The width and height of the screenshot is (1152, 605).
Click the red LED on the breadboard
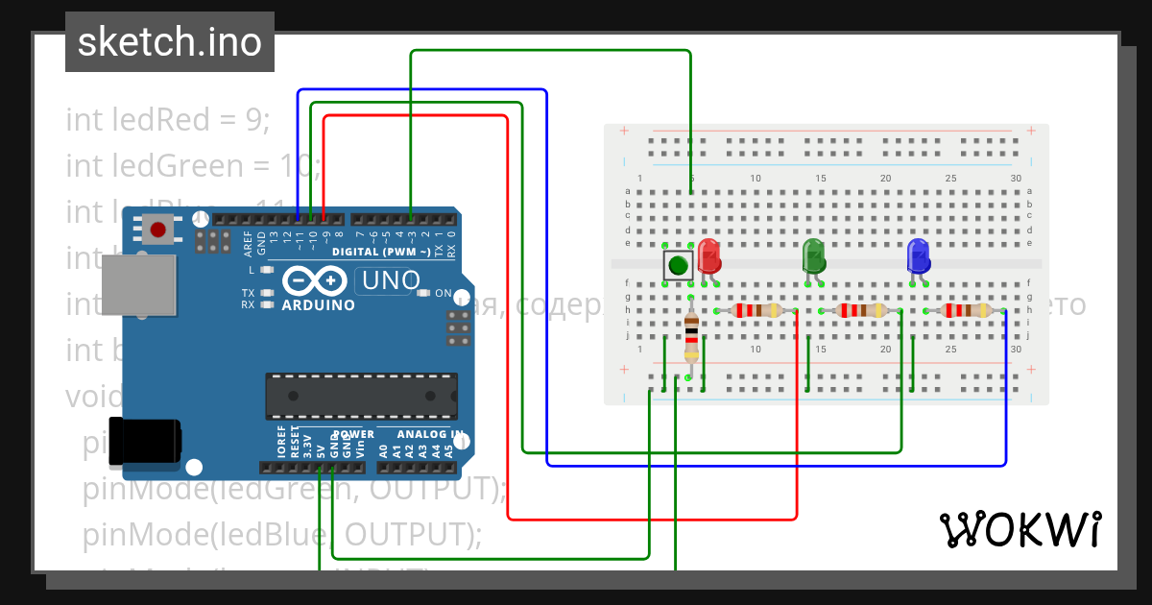(x=709, y=256)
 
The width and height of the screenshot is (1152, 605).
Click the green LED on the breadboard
(x=814, y=256)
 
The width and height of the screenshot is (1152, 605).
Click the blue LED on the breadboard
(x=918, y=256)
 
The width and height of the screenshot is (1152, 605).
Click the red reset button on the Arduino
(x=158, y=229)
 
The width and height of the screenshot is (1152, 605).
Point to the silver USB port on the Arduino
(x=140, y=285)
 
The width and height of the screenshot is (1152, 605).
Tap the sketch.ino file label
(x=170, y=42)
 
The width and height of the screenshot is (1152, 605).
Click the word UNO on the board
(x=388, y=281)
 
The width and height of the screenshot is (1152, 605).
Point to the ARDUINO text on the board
(x=318, y=305)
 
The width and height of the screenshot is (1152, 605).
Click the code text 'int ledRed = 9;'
(x=168, y=120)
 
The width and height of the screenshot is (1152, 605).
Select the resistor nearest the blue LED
(x=965, y=310)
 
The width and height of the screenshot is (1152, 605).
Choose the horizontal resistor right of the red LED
(x=756, y=310)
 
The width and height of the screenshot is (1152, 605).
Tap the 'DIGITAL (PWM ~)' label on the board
(x=381, y=252)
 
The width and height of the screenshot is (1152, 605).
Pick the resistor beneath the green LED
(x=860, y=310)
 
